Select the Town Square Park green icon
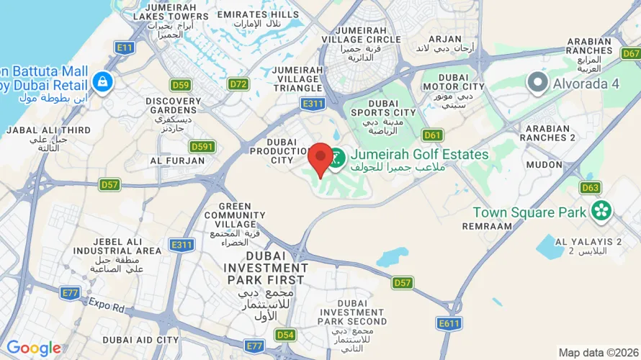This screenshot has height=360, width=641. coord(601,212)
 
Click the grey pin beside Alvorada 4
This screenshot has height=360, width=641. coord(537,83)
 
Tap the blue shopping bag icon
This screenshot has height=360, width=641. coord(103,81)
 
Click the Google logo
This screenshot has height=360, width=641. coord(34,348)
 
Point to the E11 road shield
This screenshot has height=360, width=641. coord(125,48)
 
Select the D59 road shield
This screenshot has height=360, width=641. coord(181,85)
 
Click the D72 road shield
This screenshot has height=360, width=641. coord(238,84)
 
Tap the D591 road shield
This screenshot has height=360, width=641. coord(205,146)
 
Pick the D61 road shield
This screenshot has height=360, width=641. coord(432,135)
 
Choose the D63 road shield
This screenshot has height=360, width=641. coord(590,188)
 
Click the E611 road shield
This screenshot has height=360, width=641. coord(449,323)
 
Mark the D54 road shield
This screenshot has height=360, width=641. coord(286,335)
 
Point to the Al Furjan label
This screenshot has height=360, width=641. coord(177,160)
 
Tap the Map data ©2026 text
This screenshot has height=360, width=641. coord(599,352)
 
